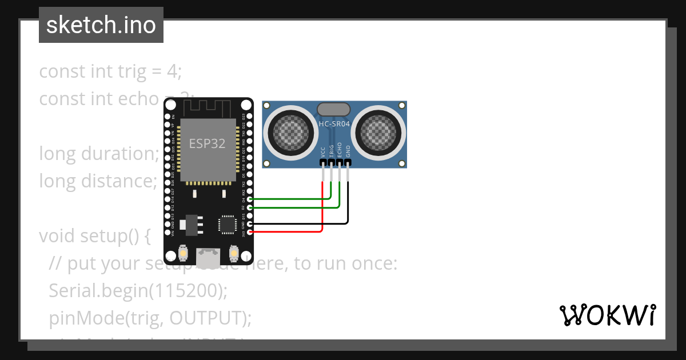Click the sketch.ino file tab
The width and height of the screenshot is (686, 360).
point(101,25)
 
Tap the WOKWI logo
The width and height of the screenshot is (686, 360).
point(607,315)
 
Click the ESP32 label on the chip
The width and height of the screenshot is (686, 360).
point(208,143)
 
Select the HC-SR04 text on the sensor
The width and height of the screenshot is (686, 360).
point(334,124)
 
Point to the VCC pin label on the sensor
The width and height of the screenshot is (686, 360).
point(323,151)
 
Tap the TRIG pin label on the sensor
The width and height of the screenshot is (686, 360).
point(332,150)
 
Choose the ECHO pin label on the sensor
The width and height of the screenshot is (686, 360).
point(340,150)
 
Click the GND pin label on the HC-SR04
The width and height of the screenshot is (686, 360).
point(348,151)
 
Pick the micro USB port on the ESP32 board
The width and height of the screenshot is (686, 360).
point(208,255)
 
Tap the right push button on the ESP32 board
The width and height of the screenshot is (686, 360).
point(233,252)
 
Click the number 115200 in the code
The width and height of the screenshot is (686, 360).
point(186,291)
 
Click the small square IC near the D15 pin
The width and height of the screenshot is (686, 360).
point(227,225)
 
